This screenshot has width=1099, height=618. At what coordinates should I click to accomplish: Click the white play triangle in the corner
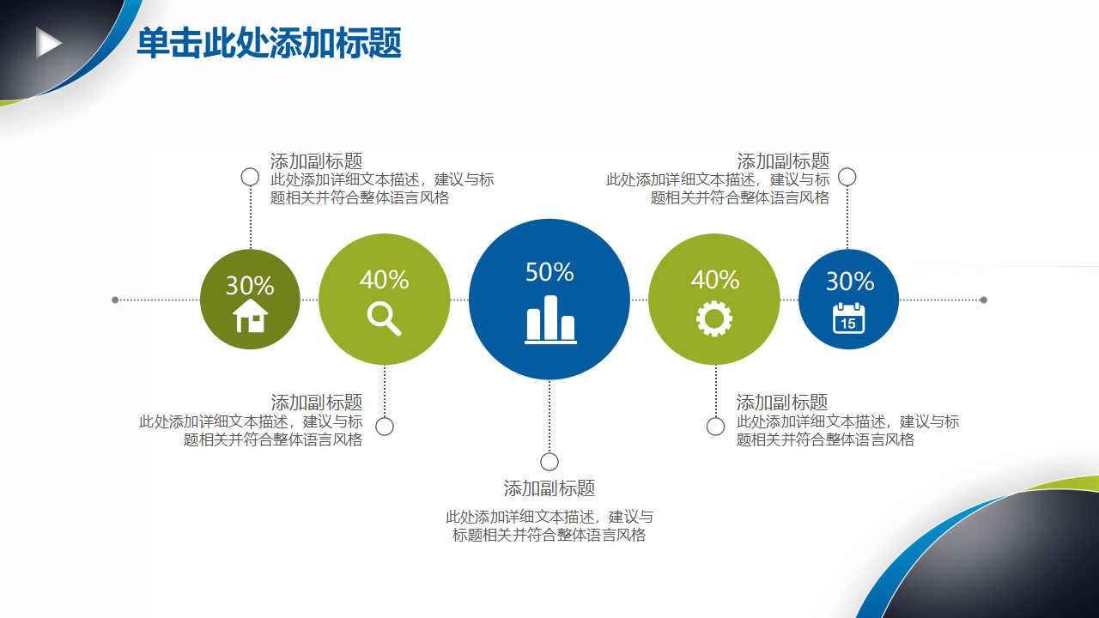click(x=48, y=42)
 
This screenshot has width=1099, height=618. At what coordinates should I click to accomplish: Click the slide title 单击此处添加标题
click(x=269, y=44)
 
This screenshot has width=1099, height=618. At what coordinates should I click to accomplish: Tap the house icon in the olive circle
click(x=251, y=316)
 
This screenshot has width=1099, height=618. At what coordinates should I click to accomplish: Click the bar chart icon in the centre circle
click(x=550, y=319)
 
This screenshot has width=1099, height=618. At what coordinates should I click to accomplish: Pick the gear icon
click(x=714, y=318)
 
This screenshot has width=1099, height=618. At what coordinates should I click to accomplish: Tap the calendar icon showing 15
click(x=848, y=318)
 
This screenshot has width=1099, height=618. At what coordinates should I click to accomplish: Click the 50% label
click(x=549, y=272)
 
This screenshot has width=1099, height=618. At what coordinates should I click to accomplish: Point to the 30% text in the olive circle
click(x=250, y=285)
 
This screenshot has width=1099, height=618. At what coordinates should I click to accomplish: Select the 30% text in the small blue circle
click(x=850, y=282)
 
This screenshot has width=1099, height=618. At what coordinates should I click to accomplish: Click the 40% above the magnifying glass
click(x=385, y=280)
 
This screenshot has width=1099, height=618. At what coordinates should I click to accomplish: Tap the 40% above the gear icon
click(x=715, y=280)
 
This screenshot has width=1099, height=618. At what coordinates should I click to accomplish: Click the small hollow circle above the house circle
click(x=250, y=177)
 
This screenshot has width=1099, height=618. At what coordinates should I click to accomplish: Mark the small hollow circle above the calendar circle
click(x=847, y=177)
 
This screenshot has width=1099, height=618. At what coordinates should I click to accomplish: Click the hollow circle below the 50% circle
click(x=549, y=462)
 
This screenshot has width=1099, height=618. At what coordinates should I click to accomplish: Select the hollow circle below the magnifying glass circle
click(x=385, y=427)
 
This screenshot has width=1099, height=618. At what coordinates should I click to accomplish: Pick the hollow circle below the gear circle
click(x=715, y=427)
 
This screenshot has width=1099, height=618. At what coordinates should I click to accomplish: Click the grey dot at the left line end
click(x=115, y=300)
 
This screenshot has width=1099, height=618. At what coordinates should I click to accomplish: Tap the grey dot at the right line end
click(x=984, y=300)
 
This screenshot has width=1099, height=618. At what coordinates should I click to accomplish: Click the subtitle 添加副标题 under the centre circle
click(x=549, y=488)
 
